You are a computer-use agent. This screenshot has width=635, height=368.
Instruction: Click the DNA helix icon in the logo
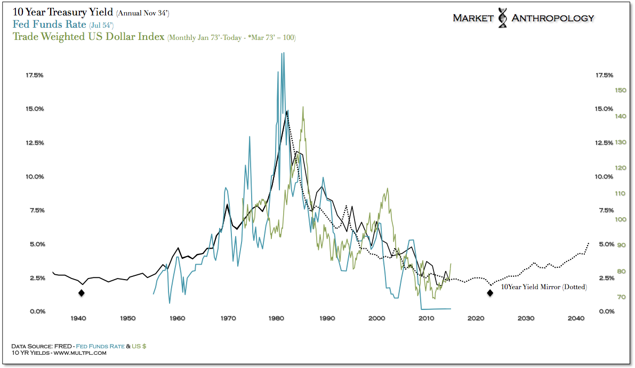(x=502, y=18)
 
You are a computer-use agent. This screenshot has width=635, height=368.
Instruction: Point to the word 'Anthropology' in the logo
(x=552, y=18)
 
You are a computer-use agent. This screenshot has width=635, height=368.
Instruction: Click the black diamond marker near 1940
(x=81, y=292)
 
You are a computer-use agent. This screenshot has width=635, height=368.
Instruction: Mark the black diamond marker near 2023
(x=490, y=292)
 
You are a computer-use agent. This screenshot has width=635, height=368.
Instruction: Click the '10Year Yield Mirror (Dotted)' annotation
(x=544, y=287)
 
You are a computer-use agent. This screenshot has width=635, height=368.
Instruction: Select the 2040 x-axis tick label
(x=575, y=318)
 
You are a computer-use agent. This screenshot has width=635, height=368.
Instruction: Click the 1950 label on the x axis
(x=128, y=318)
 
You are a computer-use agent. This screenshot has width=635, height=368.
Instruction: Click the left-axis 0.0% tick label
(x=35, y=311)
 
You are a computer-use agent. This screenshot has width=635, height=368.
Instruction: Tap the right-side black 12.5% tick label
(x=604, y=143)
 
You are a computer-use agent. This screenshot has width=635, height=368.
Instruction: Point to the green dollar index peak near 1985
(x=303, y=107)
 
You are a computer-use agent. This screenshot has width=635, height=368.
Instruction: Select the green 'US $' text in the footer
(x=140, y=346)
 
